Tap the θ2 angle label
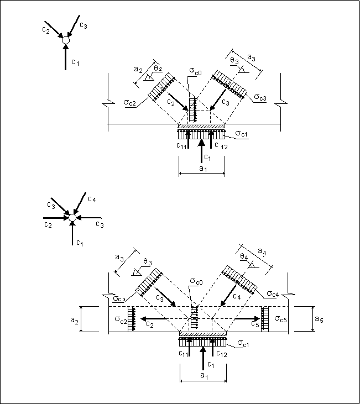tap(158, 69)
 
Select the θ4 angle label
tap(244, 256)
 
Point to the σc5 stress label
tap(280, 319)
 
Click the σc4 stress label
tap(273, 293)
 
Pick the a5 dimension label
tap(319, 319)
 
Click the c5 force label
tap(255, 324)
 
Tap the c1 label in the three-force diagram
tap(75, 62)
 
